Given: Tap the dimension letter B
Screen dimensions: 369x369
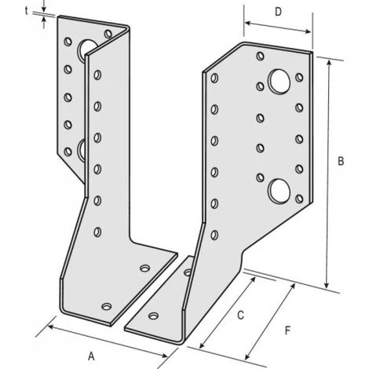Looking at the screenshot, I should point(341,162).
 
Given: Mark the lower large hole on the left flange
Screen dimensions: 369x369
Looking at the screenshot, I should point(82,147).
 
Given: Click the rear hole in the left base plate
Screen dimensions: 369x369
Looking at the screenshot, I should point(144,268).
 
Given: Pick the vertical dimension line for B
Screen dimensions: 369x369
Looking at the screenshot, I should point(327,173).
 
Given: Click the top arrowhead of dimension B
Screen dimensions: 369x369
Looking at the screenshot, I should point(327,60).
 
